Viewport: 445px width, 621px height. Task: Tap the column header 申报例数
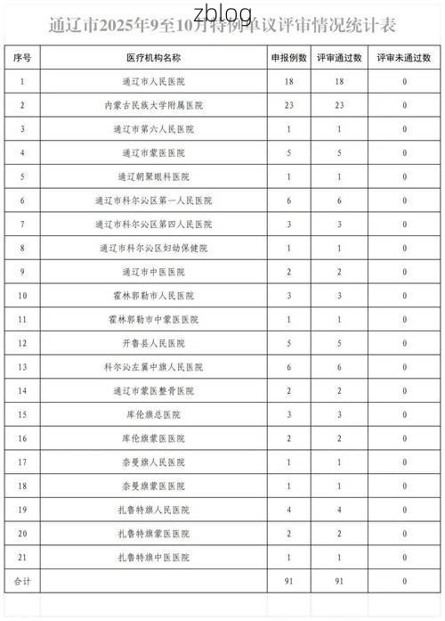(x=289, y=57)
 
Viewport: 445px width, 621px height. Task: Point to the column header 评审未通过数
(x=404, y=57)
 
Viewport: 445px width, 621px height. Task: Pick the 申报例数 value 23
(x=289, y=105)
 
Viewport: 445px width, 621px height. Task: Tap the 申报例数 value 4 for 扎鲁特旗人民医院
(x=289, y=511)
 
